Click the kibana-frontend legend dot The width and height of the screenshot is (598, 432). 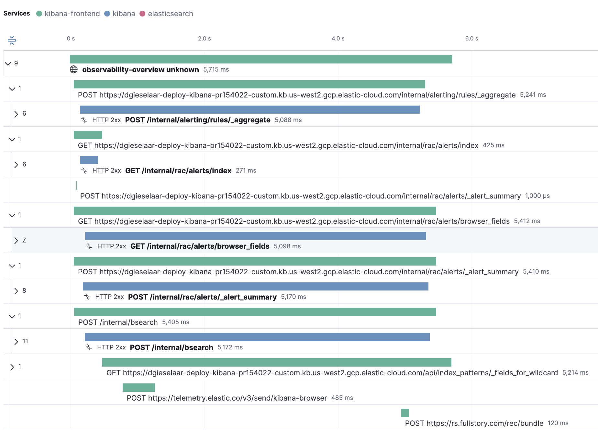[39, 14]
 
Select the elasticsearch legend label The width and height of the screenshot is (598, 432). [170, 14]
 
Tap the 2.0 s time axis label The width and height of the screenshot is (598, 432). [204, 39]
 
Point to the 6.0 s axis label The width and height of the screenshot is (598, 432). [471, 39]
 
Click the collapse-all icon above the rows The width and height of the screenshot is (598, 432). [12, 40]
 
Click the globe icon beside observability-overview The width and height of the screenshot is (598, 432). [74, 69]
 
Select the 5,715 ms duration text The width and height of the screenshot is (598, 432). [216, 70]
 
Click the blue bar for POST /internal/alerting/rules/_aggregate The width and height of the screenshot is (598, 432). [249, 109]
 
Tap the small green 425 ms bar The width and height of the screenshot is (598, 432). [88, 135]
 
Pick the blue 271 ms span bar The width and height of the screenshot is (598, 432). [89, 160]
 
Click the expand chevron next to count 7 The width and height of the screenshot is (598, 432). [16, 240]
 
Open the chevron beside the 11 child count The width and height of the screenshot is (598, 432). [16, 341]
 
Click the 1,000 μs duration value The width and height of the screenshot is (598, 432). [537, 196]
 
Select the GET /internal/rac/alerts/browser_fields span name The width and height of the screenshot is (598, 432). [200, 246]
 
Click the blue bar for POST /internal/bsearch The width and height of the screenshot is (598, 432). [257, 337]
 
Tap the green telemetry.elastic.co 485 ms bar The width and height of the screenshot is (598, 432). [138, 388]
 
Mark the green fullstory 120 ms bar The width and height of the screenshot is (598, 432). [405, 413]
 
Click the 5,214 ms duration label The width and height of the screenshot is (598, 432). [575, 373]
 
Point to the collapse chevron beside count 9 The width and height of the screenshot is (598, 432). [8, 63]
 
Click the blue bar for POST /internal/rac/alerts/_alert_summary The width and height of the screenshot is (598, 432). [255, 287]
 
